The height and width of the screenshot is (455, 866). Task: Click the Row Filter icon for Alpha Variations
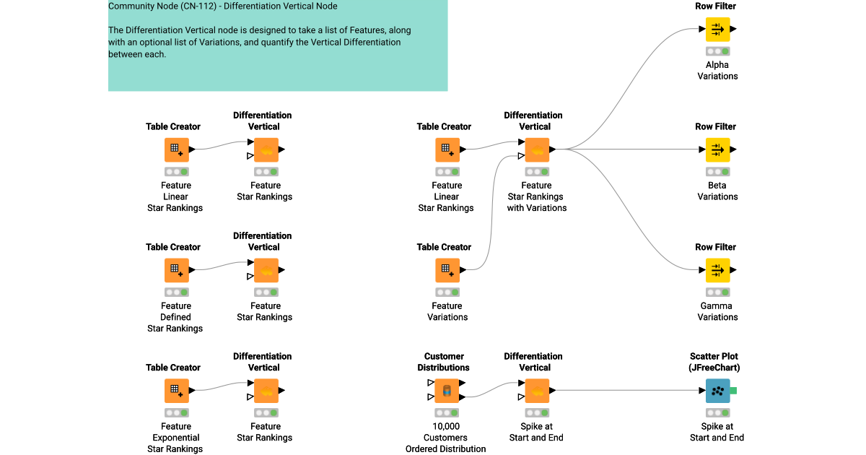pyautogui.click(x=717, y=30)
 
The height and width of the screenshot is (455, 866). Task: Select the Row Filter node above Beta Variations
pyautogui.click(x=717, y=150)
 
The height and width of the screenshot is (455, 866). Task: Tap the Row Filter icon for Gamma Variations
pyautogui.click(x=717, y=271)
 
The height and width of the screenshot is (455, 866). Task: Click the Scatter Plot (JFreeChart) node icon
pyautogui.click(x=717, y=391)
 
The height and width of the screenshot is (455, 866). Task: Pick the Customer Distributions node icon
pyautogui.click(x=447, y=391)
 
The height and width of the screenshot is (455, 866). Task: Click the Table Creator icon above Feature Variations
pyautogui.click(x=447, y=271)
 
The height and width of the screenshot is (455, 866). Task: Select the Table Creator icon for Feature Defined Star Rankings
pyautogui.click(x=176, y=271)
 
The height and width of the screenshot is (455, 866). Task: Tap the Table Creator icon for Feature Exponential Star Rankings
pyautogui.click(x=176, y=391)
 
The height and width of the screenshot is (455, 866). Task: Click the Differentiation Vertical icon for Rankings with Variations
pyautogui.click(x=536, y=150)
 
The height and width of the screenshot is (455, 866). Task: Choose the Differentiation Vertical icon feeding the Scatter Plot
pyautogui.click(x=536, y=391)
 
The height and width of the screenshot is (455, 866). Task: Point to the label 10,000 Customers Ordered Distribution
pyautogui.click(x=445, y=438)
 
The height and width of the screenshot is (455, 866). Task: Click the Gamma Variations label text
pyautogui.click(x=717, y=311)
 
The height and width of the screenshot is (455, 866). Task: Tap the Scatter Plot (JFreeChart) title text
pyautogui.click(x=714, y=362)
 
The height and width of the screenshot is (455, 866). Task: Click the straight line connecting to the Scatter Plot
pyautogui.click(x=628, y=391)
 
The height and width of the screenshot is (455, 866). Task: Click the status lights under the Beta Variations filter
pyautogui.click(x=717, y=172)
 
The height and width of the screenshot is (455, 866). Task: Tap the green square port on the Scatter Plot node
pyautogui.click(x=733, y=391)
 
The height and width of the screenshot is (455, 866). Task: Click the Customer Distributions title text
pyautogui.click(x=444, y=362)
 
